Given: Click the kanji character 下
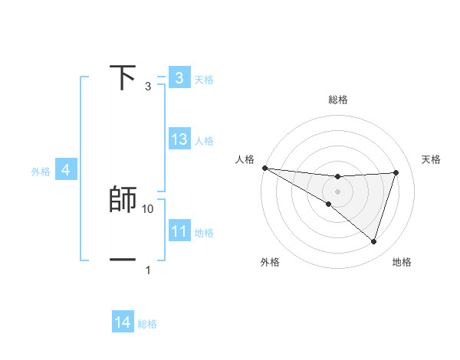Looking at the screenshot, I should coord(123,77).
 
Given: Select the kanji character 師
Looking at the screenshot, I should coord(123,199).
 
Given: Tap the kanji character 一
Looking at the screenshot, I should coord(123,260).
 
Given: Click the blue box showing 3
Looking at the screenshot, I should coord(179,77).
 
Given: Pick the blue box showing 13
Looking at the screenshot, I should coord(179,139).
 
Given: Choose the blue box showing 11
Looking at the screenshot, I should coord(179,231).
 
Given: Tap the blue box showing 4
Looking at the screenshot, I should coord(65,170).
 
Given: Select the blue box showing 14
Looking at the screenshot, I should coord(123,322).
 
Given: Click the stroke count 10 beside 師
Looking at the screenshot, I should coord(149,208).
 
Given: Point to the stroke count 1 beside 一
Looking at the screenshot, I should coord(148,270).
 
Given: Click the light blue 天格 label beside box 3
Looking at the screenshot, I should coord(204,79).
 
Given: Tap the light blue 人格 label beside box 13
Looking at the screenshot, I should coord(204,141).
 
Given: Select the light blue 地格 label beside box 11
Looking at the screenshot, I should coord(204,233).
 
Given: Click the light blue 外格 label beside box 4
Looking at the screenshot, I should coord(41,172).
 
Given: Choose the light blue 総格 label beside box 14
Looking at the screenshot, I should coord(147,324).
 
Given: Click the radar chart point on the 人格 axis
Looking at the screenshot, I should coord(264,168).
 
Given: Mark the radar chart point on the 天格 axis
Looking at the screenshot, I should coord(396,172).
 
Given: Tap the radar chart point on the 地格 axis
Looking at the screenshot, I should coord(373,241).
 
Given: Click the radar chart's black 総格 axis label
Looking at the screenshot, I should coord(337,100).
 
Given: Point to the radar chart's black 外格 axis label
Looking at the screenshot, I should coord(270,262).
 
